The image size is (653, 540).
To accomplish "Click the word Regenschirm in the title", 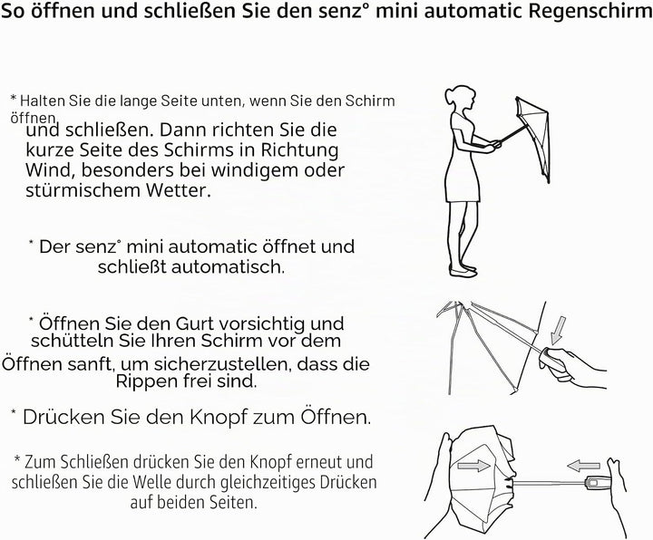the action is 590,12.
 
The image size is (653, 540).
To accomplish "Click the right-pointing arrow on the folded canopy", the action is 474,465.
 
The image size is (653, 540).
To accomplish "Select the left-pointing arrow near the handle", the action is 584,466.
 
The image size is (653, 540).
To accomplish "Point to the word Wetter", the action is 178,190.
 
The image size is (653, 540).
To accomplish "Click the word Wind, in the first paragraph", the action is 51,170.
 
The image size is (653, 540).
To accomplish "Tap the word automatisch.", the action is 229,266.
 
